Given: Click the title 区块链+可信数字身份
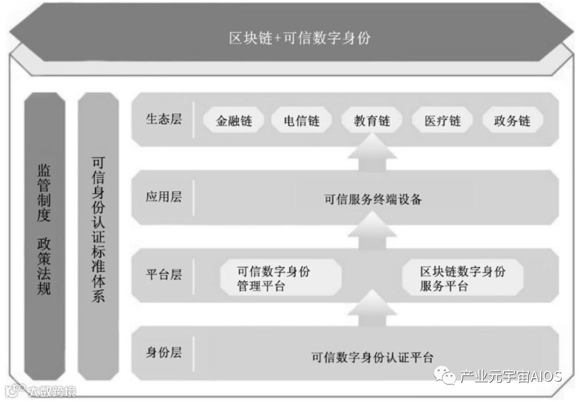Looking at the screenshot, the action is pyautogui.click(x=300, y=38).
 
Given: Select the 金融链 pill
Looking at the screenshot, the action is pyautogui.click(x=233, y=121).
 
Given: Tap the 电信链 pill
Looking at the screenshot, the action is pyautogui.click(x=302, y=121).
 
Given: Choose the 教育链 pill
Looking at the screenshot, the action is pyautogui.click(x=372, y=121).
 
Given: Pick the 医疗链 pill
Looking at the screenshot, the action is pyautogui.click(x=443, y=121).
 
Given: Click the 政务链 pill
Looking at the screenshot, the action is pyautogui.click(x=512, y=121).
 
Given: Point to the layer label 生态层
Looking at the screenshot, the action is pyautogui.click(x=164, y=120).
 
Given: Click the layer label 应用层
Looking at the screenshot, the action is pyautogui.click(x=164, y=197).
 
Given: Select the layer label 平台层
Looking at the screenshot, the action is pyautogui.click(x=164, y=275).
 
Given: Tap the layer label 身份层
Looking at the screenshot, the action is pyautogui.click(x=164, y=353).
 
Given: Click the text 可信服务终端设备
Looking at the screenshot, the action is pyautogui.click(x=373, y=199).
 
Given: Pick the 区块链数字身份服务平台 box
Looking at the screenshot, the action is pyautogui.click(x=462, y=278).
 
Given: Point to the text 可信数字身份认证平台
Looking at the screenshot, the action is pyautogui.click(x=373, y=357).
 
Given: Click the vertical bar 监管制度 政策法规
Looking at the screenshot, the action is pyautogui.click(x=44, y=237).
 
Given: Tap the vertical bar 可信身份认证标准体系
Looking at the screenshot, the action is pyautogui.click(x=98, y=237).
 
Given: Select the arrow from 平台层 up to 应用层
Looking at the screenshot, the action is pyautogui.click(x=372, y=235).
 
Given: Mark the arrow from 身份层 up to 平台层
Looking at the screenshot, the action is pyautogui.click(x=372, y=311).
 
